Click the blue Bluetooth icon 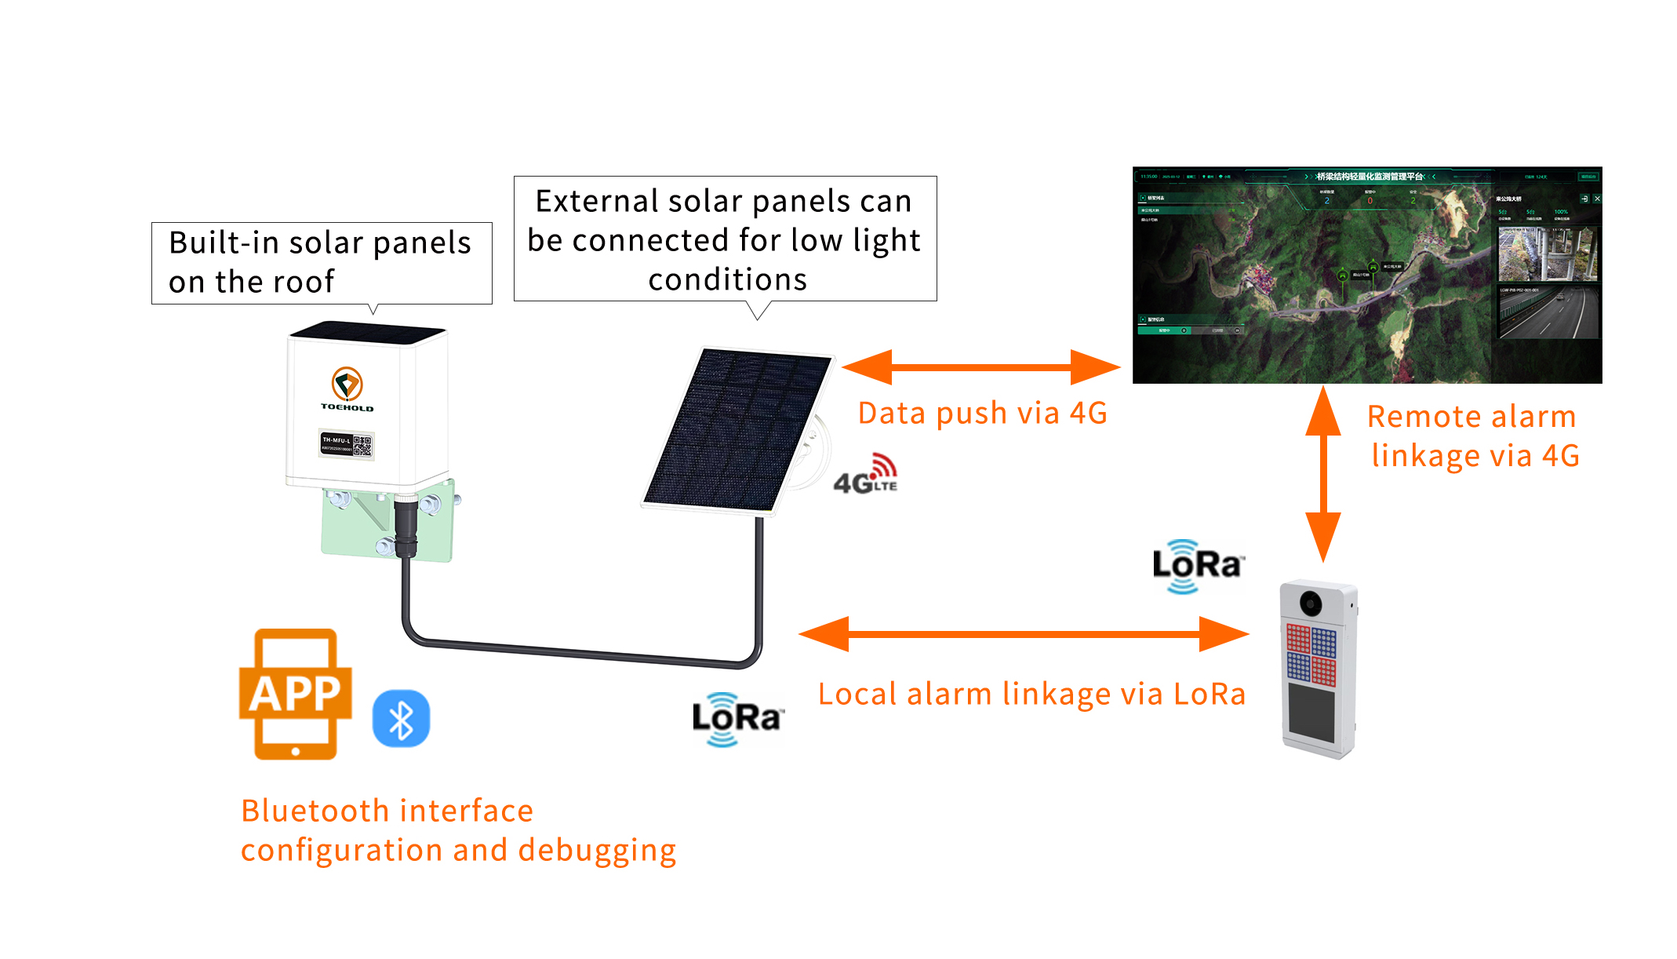click(401, 719)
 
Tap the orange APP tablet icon click(295, 694)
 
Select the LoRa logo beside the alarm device click(1197, 566)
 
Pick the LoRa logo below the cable click(737, 719)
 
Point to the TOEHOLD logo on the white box click(347, 389)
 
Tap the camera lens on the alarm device click(1311, 603)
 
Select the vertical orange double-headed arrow click(1323, 474)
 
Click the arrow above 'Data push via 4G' click(980, 366)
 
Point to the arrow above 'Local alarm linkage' click(1024, 633)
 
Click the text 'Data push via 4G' click(982, 413)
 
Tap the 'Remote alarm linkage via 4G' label click(1473, 436)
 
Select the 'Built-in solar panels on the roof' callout click(321, 263)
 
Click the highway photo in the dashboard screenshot click(1548, 313)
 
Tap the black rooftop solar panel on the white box click(367, 331)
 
